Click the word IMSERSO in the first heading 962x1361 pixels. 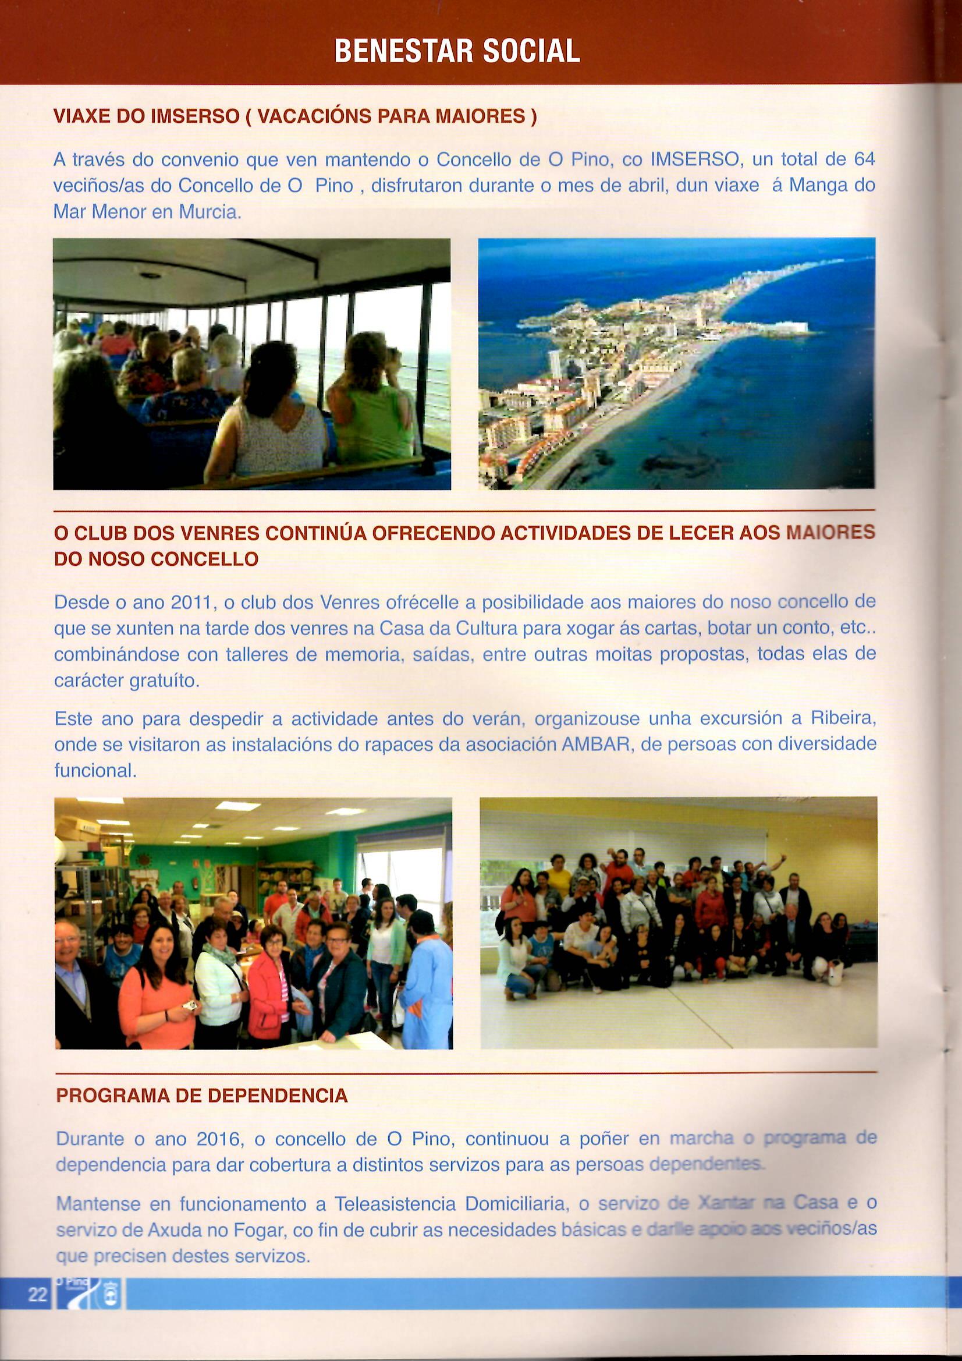(x=194, y=116)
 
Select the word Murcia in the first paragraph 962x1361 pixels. (x=209, y=212)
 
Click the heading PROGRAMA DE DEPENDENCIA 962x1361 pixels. (x=201, y=1096)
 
